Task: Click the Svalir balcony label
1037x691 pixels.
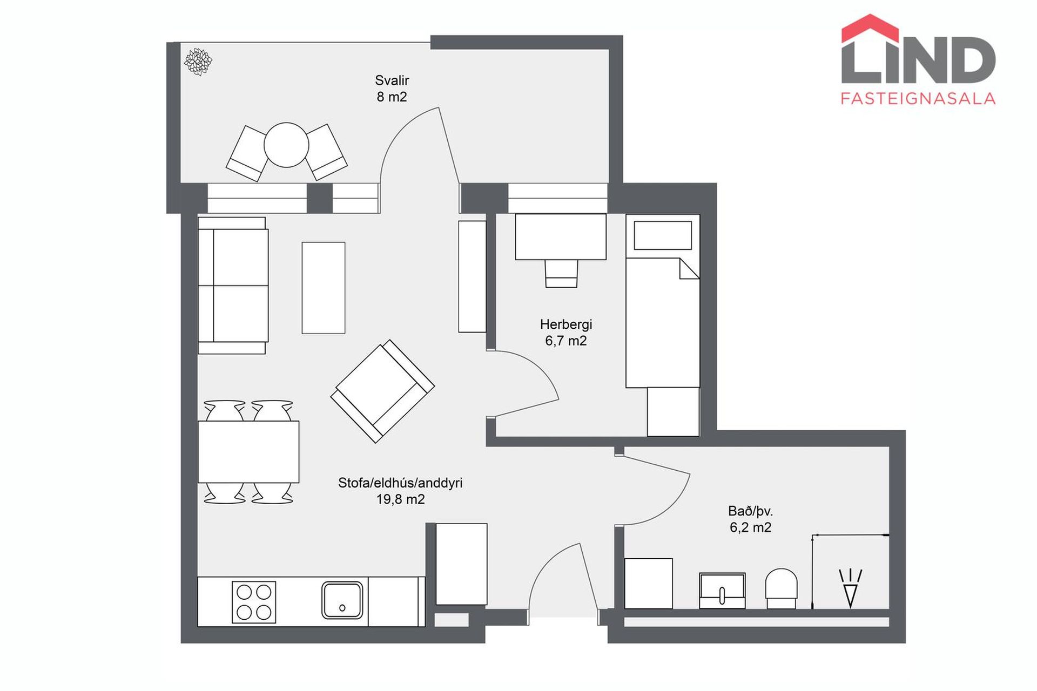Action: (x=392, y=80)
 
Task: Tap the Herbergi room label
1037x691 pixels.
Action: (x=566, y=324)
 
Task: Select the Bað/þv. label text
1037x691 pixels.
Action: (x=750, y=511)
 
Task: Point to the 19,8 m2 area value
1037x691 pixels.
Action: (x=400, y=499)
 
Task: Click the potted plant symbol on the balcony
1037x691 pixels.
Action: (x=198, y=62)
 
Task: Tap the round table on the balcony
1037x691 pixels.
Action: (x=286, y=145)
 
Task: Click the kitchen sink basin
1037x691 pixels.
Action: (x=342, y=600)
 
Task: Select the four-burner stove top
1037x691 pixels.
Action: (x=254, y=602)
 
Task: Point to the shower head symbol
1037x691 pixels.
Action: (x=851, y=588)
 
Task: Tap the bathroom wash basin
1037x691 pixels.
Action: (x=722, y=591)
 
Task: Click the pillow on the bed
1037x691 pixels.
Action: (x=663, y=235)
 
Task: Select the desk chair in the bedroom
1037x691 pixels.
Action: (x=561, y=273)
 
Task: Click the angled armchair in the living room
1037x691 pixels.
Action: (x=382, y=391)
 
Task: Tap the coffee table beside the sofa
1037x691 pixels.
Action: (x=324, y=288)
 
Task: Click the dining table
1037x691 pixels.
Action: (x=248, y=452)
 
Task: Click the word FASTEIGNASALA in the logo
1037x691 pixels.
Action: (x=918, y=98)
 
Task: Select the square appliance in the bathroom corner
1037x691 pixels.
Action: (x=648, y=584)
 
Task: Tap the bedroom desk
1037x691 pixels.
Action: (x=561, y=236)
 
